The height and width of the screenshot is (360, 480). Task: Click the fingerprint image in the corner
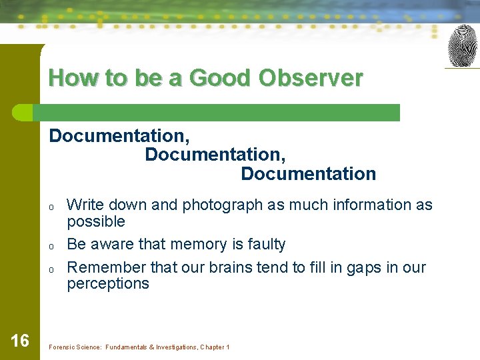462,46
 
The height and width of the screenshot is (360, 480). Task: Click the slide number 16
20,341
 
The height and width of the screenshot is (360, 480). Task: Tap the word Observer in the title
311,79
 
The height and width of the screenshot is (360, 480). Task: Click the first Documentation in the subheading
119,136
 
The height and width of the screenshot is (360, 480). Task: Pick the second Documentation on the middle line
215,155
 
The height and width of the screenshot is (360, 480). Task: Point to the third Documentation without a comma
308,174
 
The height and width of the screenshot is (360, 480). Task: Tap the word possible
96,221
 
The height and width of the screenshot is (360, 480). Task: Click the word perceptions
108,284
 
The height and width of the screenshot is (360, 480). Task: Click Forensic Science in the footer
72,347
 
